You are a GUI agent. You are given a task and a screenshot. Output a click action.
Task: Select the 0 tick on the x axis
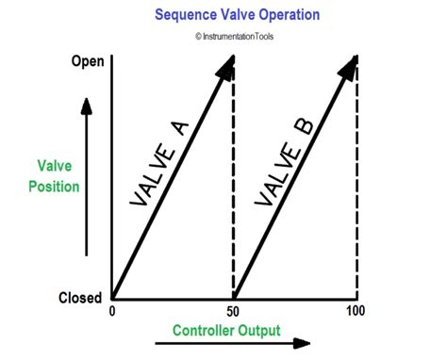(113, 311)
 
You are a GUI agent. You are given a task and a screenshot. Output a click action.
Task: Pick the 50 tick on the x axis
(233, 311)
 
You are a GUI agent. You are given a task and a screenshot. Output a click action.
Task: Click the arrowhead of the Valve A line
(226, 66)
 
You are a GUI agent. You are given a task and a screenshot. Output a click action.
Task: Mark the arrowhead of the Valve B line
(351, 66)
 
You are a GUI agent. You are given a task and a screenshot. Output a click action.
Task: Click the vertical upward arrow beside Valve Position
(87, 179)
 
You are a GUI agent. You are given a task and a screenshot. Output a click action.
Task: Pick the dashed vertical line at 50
(233, 188)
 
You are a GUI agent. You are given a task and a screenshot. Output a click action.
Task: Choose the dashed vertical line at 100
(357, 188)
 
